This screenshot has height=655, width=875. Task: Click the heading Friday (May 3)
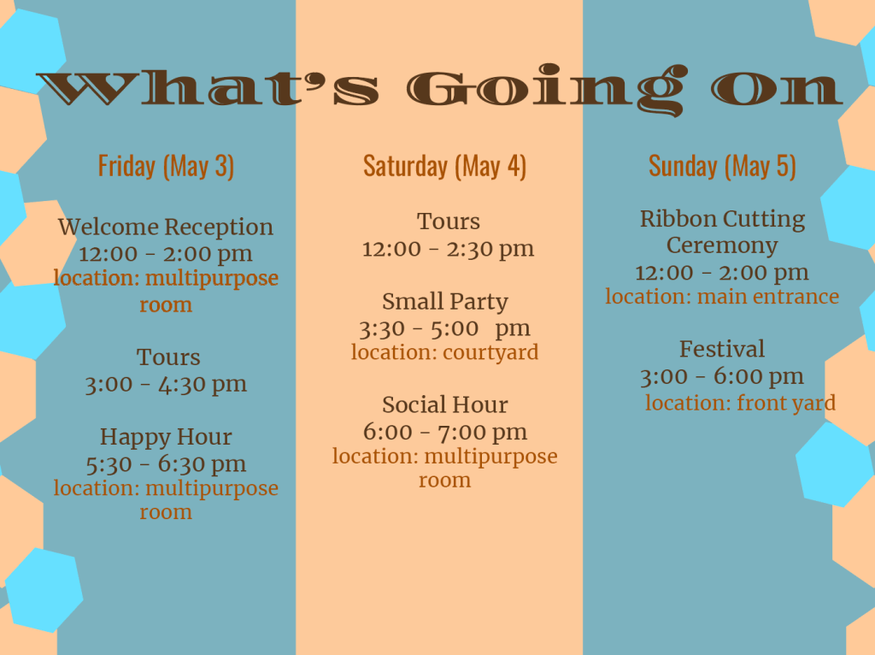166,167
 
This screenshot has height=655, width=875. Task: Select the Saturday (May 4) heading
444,167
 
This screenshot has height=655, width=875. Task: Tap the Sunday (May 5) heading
722,167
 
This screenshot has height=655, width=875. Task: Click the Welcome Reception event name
166,227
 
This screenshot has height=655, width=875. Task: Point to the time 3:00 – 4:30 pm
166,384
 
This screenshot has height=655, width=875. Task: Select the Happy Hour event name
166,437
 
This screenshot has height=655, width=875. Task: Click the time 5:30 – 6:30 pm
166,464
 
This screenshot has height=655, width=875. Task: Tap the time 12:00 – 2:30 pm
448,249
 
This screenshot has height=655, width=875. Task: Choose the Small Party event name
444,302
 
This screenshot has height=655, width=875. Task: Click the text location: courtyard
444,352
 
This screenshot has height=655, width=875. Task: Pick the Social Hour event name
444,404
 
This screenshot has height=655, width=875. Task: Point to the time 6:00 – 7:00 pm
444,432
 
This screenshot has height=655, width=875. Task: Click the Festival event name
722,349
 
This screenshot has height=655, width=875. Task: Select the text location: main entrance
722,297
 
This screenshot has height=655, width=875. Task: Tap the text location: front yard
741,403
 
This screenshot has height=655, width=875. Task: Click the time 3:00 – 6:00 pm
722,376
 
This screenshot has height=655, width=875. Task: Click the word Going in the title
547,89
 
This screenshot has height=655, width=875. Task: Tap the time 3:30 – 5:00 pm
444,328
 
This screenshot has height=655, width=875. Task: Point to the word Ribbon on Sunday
675,219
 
